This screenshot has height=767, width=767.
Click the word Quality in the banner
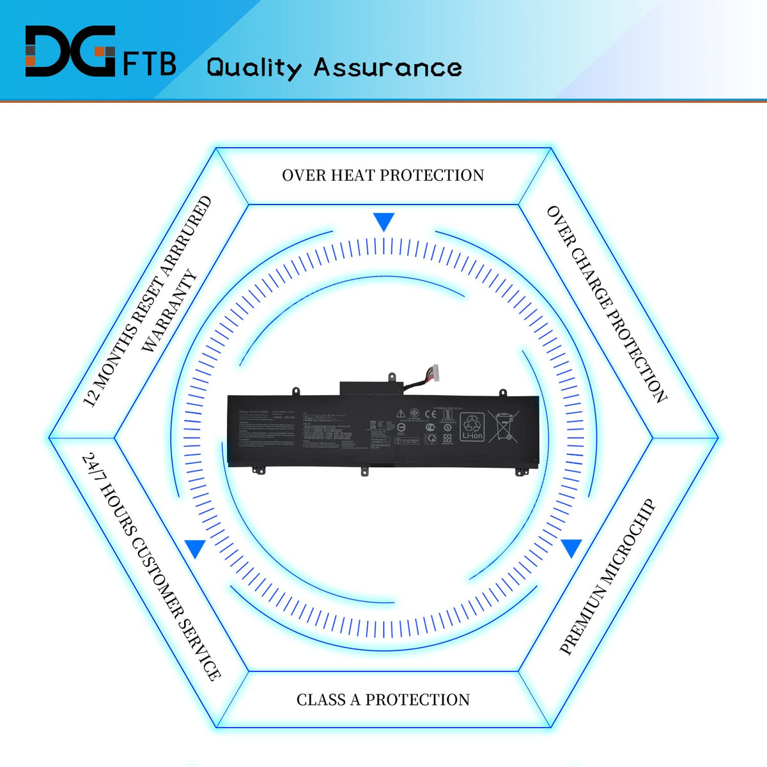coord(254,68)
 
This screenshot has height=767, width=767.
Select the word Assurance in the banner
coord(388,67)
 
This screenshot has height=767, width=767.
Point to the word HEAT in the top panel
coord(353,175)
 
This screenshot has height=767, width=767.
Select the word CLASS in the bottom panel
coord(321,700)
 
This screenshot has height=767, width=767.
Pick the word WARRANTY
coord(169,311)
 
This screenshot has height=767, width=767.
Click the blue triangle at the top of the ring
coord(384,222)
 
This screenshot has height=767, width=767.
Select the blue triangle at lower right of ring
coord(571,548)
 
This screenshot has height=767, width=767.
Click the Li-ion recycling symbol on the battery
coord(472,426)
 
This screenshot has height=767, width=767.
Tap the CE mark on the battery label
coord(431,414)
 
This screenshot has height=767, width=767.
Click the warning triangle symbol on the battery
coord(401,414)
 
